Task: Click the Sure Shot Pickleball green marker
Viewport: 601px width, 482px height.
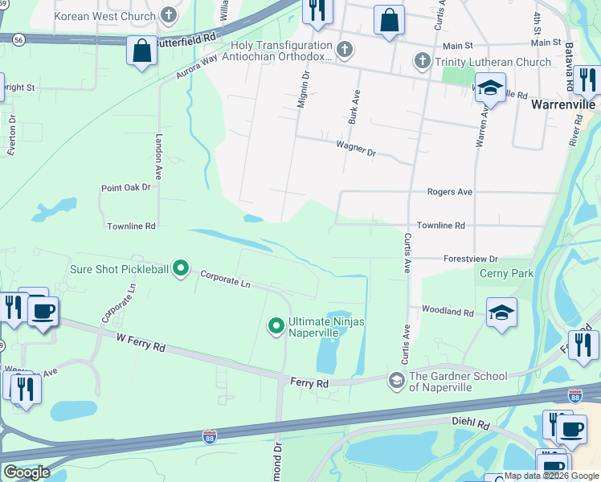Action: click(182, 269)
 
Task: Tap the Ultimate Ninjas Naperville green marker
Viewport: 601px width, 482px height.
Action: click(276, 325)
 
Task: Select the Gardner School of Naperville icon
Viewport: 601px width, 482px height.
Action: click(396, 378)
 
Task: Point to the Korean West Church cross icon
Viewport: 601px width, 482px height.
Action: click(168, 14)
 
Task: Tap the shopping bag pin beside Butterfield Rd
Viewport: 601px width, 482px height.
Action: click(141, 51)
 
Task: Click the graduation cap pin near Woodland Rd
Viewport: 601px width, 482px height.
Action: click(501, 312)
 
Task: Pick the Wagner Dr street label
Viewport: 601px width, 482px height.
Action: click(355, 148)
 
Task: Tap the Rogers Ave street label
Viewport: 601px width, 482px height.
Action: click(449, 192)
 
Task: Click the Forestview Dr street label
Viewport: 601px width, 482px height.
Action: click(471, 259)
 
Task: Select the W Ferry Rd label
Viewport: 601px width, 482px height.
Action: click(140, 343)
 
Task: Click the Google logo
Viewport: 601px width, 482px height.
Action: click(27, 472)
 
